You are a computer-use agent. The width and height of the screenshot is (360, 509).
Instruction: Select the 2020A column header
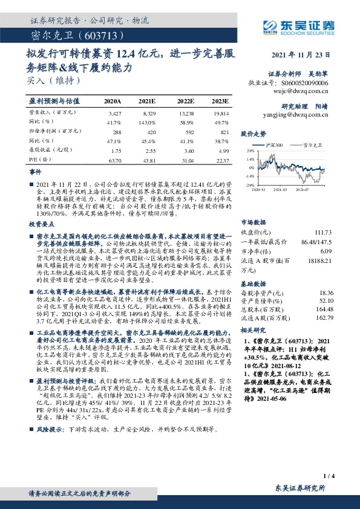pyautogui.click(x=113, y=102)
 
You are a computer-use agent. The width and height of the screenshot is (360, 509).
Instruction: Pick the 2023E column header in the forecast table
pyautogui.click(x=220, y=102)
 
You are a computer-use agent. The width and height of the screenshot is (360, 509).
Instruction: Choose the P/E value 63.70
pyautogui.click(x=114, y=160)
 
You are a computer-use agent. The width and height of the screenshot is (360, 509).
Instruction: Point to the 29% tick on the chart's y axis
pyautogui.click(x=249, y=151)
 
